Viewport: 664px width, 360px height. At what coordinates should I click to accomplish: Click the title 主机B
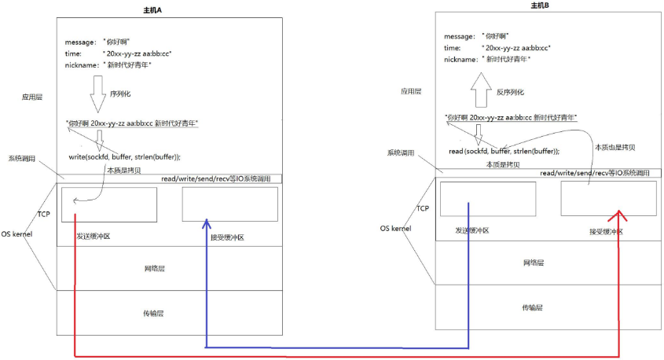click(541, 6)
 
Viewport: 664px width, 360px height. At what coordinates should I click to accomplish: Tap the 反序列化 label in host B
click(510, 91)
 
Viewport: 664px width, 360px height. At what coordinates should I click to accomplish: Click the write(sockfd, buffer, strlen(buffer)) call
click(130, 156)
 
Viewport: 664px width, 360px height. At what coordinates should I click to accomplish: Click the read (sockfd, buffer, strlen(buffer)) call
click(504, 149)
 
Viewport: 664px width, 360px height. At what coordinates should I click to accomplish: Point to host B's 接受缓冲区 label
click(606, 231)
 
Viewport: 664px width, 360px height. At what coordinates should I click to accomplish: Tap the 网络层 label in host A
click(154, 269)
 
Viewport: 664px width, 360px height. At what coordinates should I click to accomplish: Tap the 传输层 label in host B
click(534, 308)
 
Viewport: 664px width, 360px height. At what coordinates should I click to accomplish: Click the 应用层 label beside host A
click(32, 97)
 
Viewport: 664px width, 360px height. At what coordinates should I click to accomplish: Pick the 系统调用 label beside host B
click(400, 152)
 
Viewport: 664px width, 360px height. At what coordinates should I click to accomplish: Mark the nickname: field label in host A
click(81, 65)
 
